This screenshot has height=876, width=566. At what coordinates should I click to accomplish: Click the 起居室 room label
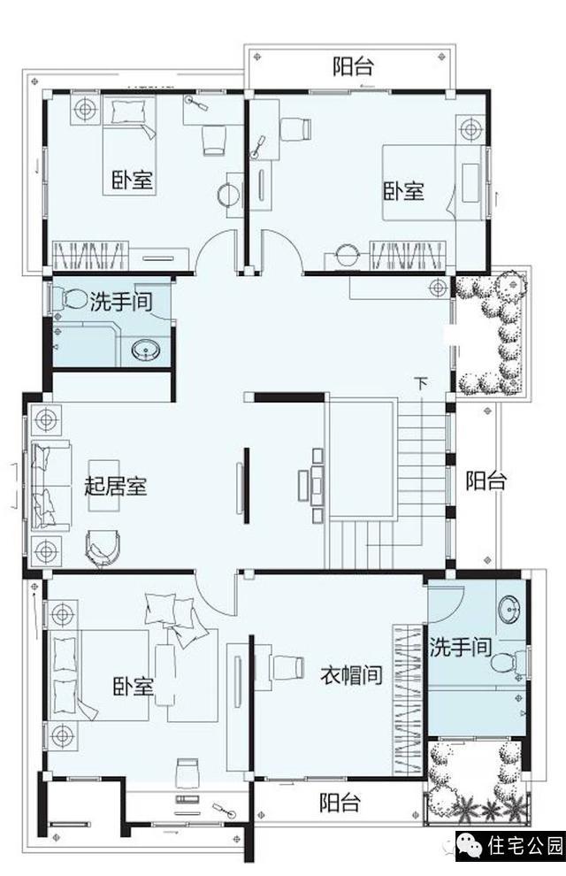tap(116, 486)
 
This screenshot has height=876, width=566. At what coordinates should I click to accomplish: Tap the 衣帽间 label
tap(352, 675)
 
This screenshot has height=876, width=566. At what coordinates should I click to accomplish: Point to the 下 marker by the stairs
tap(422, 384)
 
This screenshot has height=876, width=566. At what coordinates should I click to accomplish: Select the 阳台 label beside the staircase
tap(486, 480)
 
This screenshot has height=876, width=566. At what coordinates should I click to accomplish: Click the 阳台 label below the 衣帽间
tap(340, 803)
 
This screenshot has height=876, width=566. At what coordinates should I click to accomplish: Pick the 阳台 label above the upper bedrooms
tap(353, 66)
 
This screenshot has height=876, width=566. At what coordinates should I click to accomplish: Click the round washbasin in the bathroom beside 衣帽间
tap(509, 610)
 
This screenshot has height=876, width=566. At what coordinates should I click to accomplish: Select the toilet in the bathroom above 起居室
tap(69, 299)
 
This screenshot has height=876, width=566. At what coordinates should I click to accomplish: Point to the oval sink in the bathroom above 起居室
tap(147, 351)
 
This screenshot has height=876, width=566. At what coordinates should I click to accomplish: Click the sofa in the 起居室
tap(50, 485)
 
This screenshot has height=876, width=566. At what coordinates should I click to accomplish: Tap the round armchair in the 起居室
tap(103, 549)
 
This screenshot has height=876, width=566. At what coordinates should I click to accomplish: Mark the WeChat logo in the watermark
tap(470, 847)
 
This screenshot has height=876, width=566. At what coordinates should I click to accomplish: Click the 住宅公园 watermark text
tap(524, 847)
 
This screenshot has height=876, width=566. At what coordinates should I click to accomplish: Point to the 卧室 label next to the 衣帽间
tap(133, 687)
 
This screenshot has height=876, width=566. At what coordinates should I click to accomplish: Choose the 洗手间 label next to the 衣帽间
tap(461, 648)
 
